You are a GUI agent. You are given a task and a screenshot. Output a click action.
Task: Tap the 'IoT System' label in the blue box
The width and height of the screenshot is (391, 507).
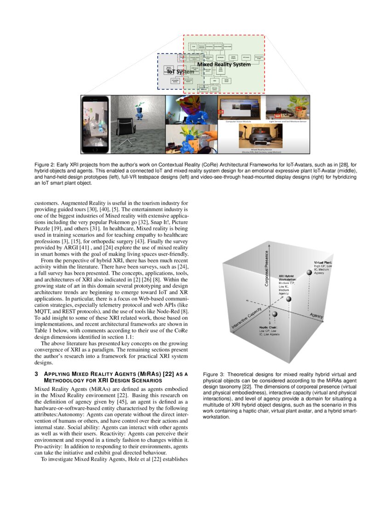(180, 72)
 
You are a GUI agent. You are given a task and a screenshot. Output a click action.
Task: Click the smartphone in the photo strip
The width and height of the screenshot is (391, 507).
(96, 124)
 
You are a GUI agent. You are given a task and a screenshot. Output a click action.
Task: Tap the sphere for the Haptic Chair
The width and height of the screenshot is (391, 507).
(275, 314)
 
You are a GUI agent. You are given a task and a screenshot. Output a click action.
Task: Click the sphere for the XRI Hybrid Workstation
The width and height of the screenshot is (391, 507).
(288, 299)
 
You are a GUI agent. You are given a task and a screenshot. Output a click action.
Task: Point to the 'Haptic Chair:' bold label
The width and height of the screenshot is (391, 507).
(268, 328)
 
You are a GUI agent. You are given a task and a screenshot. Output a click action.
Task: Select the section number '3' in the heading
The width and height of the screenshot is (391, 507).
(36, 374)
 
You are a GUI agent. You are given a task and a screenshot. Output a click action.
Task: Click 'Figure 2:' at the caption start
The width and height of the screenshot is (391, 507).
(45, 164)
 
